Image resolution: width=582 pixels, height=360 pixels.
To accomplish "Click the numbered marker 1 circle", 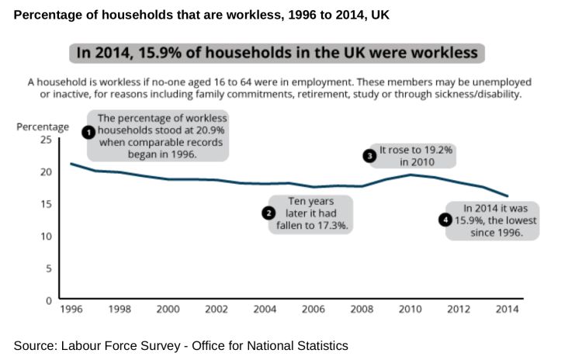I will pos(88,132).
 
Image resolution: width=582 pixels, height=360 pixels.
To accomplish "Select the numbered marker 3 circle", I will pos(370,155).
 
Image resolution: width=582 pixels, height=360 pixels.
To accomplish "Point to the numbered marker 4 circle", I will pos(445,220).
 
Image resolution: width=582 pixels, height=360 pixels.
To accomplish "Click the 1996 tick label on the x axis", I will pos(71,309).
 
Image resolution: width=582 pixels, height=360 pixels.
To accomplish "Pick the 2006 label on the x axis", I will pos(314,309).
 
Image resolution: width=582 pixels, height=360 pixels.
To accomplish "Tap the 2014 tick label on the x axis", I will pos(507,309).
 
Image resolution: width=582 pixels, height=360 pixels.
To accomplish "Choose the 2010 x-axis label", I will pos(410,309).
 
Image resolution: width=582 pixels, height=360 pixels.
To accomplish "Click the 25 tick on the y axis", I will pos(47,140).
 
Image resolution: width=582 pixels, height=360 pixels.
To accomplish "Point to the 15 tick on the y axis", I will pos(47,204).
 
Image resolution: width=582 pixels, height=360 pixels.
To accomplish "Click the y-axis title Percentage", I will pos(43,126).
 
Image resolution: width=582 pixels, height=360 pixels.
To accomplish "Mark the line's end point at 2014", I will pos(508,196).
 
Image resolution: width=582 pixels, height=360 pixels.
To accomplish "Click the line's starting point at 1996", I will pos(71,164).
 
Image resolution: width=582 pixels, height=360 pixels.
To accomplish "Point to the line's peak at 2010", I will pos(411,175).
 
